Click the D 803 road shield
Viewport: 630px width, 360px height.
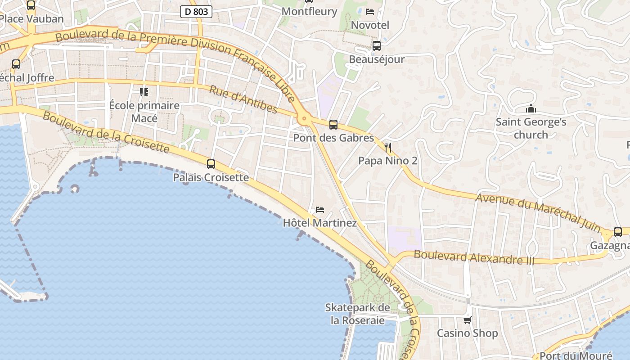pyautogui.click(x=196, y=12)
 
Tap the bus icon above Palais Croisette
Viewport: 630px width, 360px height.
pyautogui.click(x=211, y=164)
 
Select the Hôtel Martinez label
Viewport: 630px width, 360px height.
pyautogui.click(x=319, y=223)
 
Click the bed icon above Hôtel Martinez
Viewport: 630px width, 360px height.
pyautogui.click(x=320, y=210)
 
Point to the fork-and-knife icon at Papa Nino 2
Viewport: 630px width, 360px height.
pyautogui.click(x=388, y=147)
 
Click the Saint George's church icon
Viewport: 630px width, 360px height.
pyautogui.click(x=531, y=108)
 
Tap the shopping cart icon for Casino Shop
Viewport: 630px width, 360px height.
pyautogui.click(x=468, y=320)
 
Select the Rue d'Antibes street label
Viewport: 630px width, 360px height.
pyautogui.click(x=243, y=99)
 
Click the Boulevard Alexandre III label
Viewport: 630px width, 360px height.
pyautogui.click(x=474, y=257)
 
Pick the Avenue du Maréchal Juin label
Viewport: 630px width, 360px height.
pyautogui.click(x=538, y=212)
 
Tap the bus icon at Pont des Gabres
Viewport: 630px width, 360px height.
pyautogui.click(x=333, y=124)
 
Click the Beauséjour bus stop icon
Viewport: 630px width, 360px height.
pyautogui.click(x=377, y=46)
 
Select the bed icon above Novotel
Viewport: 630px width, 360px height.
pyautogui.click(x=370, y=12)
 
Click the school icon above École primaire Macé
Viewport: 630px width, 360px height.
pyautogui.click(x=144, y=92)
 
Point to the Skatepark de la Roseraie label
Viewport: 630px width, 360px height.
pyautogui.click(x=357, y=314)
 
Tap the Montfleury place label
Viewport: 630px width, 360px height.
pyautogui.click(x=309, y=11)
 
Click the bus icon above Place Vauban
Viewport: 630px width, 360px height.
pyautogui.click(x=31, y=5)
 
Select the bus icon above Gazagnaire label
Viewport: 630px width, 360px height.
pyautogui.click(x=618, y=232)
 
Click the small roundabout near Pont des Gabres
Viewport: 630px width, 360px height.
pyautogui.click(x=304, y=119)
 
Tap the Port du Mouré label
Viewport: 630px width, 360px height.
pyautogui.click(x=576, y=355)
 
